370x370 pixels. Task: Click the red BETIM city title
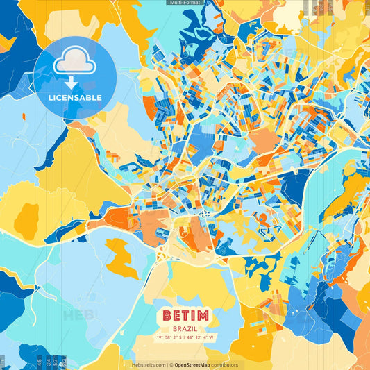pos(185,316)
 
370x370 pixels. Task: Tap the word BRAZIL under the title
pos(185,328)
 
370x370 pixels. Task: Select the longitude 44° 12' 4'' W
pos(201,338)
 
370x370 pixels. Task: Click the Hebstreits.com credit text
pos(149,364)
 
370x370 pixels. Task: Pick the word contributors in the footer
pos(224,364)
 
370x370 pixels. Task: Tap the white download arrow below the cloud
pos(74,82)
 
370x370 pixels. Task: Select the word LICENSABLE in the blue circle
pos(74,98)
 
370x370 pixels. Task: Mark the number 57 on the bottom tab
pos(55,362)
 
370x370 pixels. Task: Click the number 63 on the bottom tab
pos(63,362)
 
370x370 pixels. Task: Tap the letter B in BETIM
pos(167,316)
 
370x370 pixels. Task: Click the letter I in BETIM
pos(192,316)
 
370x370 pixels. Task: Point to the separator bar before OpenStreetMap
pos(169,364)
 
